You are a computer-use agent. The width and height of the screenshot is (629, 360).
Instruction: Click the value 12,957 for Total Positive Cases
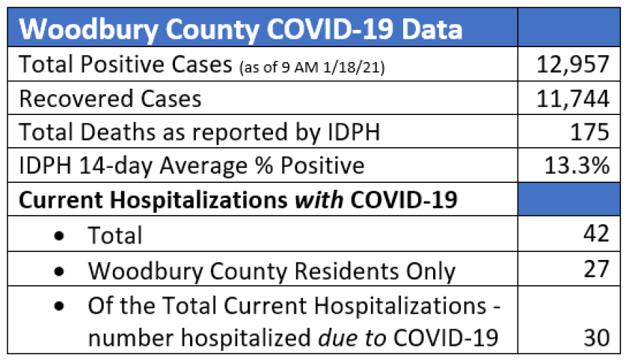pos(573,65)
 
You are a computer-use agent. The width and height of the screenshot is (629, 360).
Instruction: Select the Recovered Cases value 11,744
pos(573,99)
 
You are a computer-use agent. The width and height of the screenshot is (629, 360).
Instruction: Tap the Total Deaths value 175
pos(590,132)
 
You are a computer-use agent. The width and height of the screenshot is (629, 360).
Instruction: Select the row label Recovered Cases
pos(110,99)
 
